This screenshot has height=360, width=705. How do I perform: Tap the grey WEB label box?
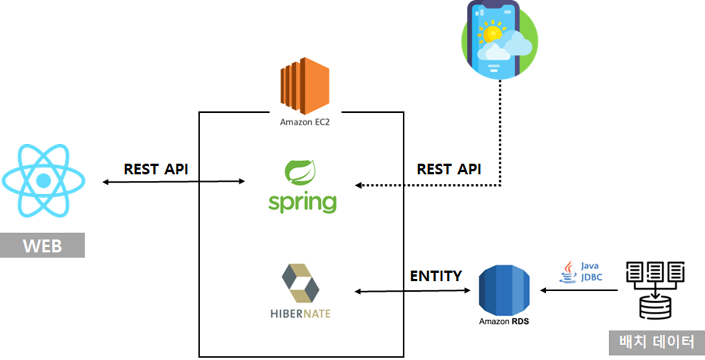42,246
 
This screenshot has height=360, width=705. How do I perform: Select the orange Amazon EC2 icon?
304,86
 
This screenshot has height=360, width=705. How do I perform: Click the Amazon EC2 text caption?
304,122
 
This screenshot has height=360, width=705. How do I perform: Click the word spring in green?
302,202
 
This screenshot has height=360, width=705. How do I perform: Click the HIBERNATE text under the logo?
300,314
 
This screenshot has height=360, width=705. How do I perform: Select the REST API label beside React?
156,169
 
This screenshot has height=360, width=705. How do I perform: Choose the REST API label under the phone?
449,169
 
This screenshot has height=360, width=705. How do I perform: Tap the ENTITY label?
436,276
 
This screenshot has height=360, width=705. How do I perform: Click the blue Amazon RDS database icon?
503,291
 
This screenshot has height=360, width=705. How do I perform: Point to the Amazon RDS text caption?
503,321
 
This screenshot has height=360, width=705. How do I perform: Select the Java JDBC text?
590,271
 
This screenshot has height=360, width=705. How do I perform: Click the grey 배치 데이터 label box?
656,342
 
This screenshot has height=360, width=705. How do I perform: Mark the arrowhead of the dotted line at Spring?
358,186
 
